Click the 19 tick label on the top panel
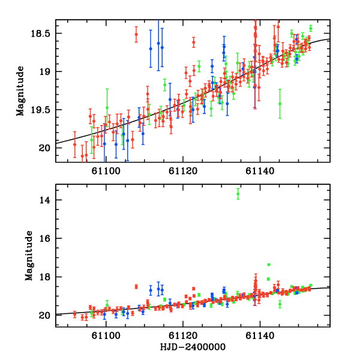[x=48, y=71]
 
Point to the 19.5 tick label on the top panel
[x=43, y=110]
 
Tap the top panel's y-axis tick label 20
[x=48, y=148]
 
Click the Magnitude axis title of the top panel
[x=21, y=91]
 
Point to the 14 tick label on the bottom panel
[x=48, y=200]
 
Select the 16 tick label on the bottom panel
[x=48, y=238]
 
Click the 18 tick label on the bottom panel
[x=48, y=277]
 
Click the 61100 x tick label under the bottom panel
[x=105, y=335]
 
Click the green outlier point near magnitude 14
[x=238, y=193]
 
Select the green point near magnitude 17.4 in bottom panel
[x=269, y=265]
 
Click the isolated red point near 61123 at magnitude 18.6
[x=193, y=42]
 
